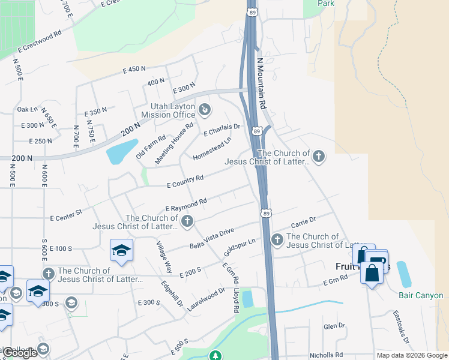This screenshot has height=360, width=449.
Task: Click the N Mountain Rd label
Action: pyautogui.click(x=262, y=83)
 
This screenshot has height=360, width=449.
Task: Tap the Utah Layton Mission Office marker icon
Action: pyautogui.click(x=205, y=110)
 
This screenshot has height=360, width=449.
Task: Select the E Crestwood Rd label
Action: pyautogui.click(x=40, y=41)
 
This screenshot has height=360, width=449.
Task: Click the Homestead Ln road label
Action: pyautogui.click(x=212, y=149)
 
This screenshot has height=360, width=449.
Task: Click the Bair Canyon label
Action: pyautogui.click(x=421, y=295)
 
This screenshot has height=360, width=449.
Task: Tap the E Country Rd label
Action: pyautogui.click(x=185, y=181)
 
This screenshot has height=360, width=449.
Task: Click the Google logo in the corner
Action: pyautogui.click(x=20, y=353)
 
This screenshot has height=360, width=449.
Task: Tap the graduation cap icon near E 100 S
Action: pyautogui.click(x=121, y=250)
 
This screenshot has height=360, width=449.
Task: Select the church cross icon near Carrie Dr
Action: pyautogui.click(x=277, y=240)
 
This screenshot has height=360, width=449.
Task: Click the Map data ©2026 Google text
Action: pyautogui.click(x=412, y=355)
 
